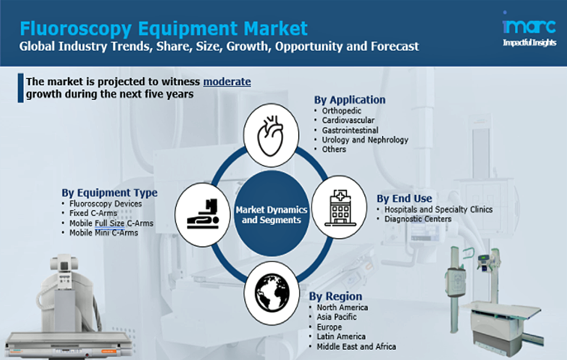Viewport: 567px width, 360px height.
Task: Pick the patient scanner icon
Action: (203, 214)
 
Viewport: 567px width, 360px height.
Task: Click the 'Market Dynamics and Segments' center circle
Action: (271, 214)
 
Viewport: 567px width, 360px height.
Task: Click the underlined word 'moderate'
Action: (227, 82)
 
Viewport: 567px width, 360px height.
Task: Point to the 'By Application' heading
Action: (350, 100)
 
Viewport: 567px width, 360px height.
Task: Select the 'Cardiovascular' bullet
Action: (348, 120)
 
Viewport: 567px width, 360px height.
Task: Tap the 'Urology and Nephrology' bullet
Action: (365, 140)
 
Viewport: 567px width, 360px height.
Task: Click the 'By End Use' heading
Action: (404, 198)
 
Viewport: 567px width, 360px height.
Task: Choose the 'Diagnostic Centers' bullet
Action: (418, 219)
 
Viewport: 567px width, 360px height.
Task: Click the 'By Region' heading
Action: (335, 296)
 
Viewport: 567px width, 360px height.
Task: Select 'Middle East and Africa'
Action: (356, 347)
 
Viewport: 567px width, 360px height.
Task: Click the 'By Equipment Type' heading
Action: (110, 192)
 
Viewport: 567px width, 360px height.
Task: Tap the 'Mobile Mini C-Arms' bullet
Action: (104, 233)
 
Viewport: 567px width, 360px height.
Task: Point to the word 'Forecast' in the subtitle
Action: (394, 46)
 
